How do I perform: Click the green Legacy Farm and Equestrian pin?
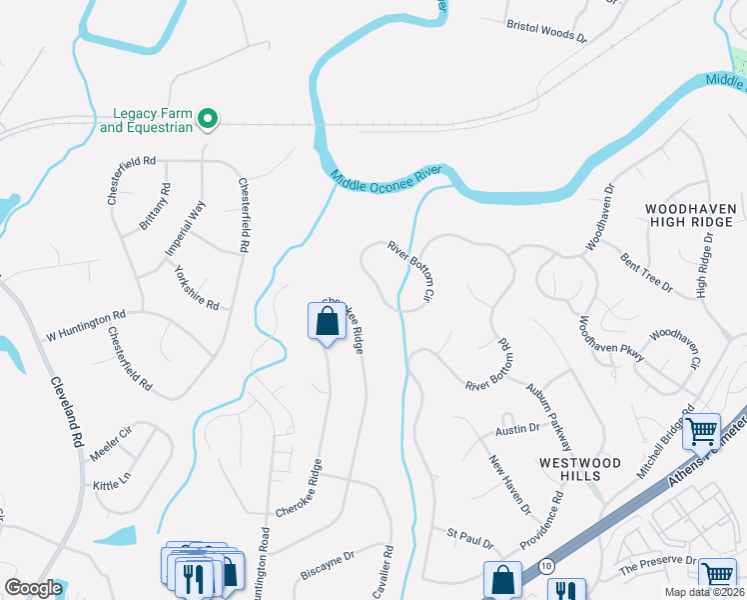click(x=209, y=120)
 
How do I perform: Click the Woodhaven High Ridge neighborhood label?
click(x=691, y=216)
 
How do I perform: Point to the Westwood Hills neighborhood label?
click(x=580, y=469)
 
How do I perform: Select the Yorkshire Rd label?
click(x=196, y=288)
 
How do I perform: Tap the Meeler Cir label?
click(x=111, y=435)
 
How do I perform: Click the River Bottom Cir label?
click(x=412, y=271)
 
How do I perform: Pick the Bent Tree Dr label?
click(x=647, y=271)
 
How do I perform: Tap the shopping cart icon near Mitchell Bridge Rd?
click(x=701, y=431)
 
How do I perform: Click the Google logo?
click(x=34, y=588)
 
